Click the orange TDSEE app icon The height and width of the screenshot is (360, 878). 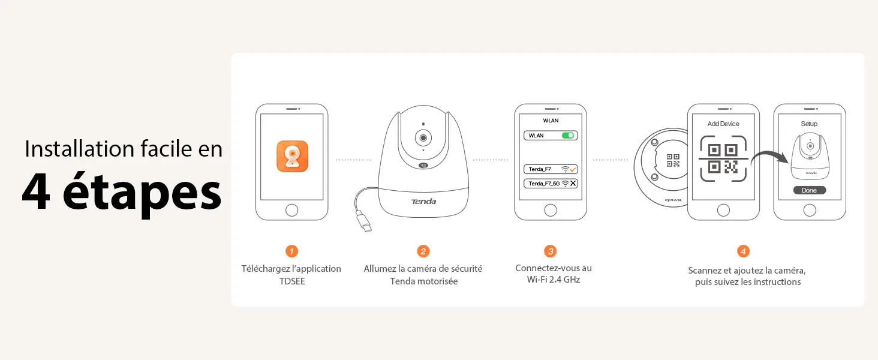pyautogui.click(x=292, y=157)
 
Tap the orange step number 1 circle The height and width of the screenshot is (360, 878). pyautogui.click(x=291, y=251)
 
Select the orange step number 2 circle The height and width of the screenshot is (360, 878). pyautogui.click(x=423, y=251)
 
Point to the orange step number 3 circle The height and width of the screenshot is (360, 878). pyautogui.click(x=551, y=251)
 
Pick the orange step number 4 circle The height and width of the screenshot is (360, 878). pyautogui.click(x=743, y=251)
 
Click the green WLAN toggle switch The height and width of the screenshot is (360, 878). pyautogui.click(x=568, y=135)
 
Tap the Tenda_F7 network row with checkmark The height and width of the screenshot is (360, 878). pyautogui.click(x=551, y=169)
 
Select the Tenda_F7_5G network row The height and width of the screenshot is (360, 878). pyautogui.click(x=551, y=184)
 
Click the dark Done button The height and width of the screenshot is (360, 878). pyautogui.click(x=810, y=190)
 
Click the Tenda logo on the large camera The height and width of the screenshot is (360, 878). pyautogui.click(x=423, y=202)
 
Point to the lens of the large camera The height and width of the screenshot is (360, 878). pyautogui.click(x=423, y=137)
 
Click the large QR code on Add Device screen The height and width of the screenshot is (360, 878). pyautogui.click(x=723, y=158)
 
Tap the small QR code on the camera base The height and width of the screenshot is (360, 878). pyautogui.click(x=673, y=160)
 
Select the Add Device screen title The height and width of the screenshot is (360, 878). pyautogui.click(x=723, y=124)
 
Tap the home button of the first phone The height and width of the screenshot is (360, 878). pyautogui.click(x=291, y=210)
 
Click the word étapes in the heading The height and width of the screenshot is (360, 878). pyautogui.click(x=142, y=192)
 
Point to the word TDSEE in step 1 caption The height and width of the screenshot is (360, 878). pyautogui.click(x=292, y=281)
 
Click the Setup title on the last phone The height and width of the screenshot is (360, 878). pyautogui.click(x=809, y=124)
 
